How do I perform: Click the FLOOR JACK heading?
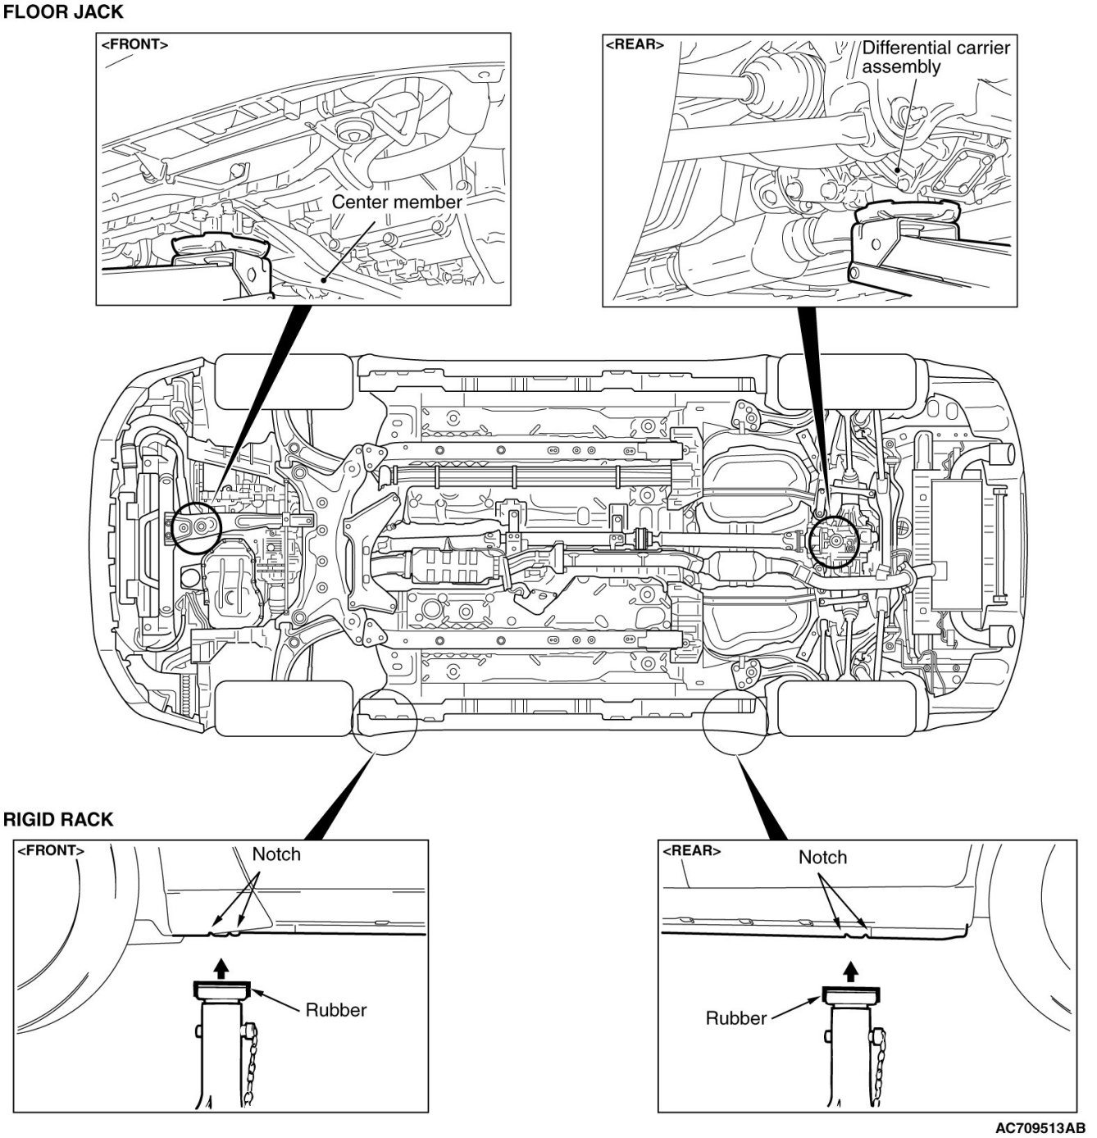tap(64, 12)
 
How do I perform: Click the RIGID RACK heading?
tap(58, 819)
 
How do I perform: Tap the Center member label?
tap(397, 201)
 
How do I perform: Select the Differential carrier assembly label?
tap(935, 57)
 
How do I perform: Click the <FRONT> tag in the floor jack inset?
tap(134, 45)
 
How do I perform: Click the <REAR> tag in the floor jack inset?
tap(635, 44)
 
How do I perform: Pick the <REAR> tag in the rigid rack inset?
tap(691, 850)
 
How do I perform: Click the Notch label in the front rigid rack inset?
tap(276, 854)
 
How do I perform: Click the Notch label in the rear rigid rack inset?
tap(822, 857)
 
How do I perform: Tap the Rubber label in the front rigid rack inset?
tap(336, 1009)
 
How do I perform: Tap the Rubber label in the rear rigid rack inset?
tap(736, 1018)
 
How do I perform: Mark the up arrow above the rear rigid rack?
tap(852, 972)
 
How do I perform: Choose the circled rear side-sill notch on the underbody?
tap(736, 719)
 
